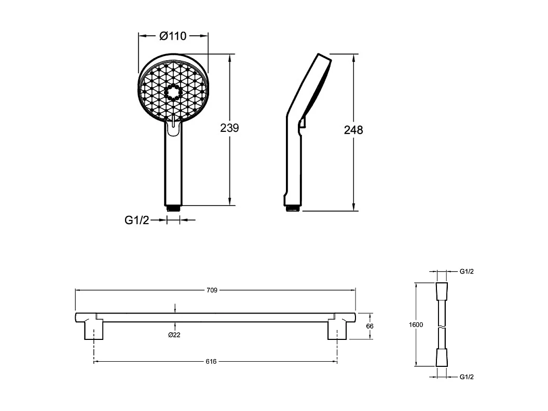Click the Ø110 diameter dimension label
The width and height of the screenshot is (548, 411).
[173, 36]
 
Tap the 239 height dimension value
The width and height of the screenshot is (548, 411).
[229, 128]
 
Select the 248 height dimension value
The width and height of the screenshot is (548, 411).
[353, 130]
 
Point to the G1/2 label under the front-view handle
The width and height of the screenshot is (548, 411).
[136, 220]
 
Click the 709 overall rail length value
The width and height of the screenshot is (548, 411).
[212, 290]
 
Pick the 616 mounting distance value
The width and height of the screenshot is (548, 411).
[211, 362]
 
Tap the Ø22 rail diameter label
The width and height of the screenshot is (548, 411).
[174, 335]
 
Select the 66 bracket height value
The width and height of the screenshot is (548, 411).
[370, 326]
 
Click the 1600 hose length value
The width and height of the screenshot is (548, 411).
[416, 325]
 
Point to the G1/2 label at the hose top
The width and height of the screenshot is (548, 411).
[467, 271]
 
